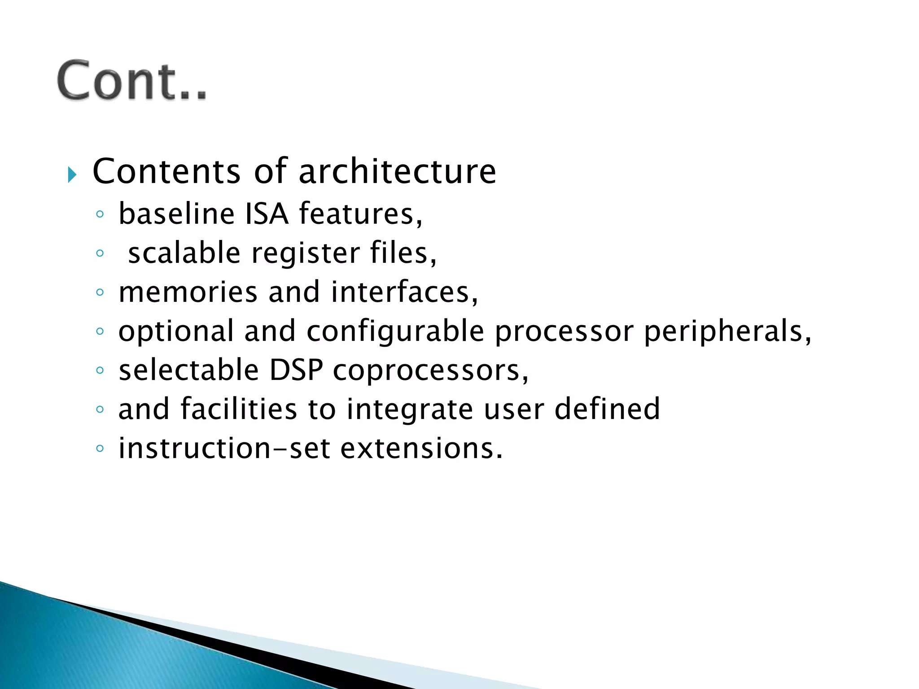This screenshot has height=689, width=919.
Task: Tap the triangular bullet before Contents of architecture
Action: (x=72, y=174)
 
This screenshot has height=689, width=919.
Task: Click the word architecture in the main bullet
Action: (x=397, y=172)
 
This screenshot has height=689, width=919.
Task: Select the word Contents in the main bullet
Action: (x=166, y=172)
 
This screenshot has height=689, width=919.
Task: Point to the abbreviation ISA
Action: (x=267, y=214)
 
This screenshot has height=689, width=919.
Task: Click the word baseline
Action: (x=176, y=214)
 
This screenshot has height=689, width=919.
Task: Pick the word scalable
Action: (x=184, y=253)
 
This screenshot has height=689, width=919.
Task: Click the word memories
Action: (x=188, y=292)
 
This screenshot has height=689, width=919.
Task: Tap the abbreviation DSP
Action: (x=296, y=371)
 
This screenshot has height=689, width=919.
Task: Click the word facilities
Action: (x=239, y=409)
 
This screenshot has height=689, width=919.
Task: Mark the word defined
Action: (x=607, y=409)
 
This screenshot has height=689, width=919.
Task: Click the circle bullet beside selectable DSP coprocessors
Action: (x=100, y=371)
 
